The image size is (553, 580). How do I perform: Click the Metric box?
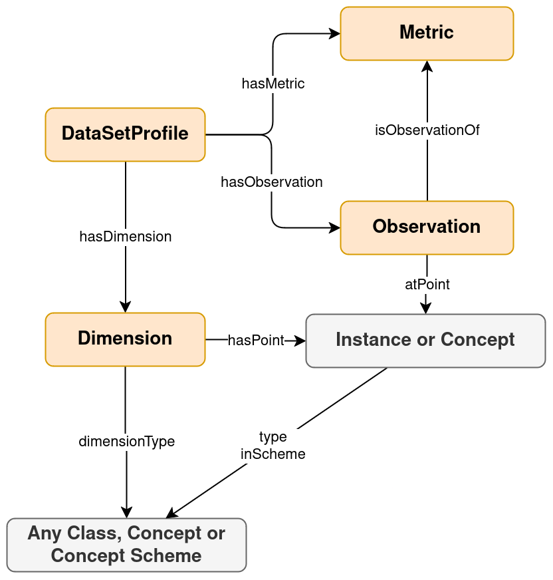coord(427,34)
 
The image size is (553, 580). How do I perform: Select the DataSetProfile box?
coord(125,134)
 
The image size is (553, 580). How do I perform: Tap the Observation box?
coord(427,227)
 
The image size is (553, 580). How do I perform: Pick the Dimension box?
coord(125,339)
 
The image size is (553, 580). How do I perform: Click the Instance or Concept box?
coord(425,341)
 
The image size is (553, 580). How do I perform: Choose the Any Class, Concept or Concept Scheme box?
coord(126,545)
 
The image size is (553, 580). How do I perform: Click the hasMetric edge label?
coord(273,84)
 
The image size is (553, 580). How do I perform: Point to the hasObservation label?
coord(272,182)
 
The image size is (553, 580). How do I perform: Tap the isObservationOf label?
coord(427,130)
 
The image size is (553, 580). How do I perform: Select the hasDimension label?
coord(126,236)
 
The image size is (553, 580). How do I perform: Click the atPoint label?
coord(427,284)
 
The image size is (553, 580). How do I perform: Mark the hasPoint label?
coord(256,341)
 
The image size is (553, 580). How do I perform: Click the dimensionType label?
coord(126,441)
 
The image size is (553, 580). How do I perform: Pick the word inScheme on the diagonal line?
coord(273,454)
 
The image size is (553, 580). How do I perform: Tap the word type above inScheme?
coord(273,437)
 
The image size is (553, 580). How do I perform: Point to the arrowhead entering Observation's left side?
coord(334,228)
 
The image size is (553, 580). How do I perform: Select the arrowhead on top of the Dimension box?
coord(126,306)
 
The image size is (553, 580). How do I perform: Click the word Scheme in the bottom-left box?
coord(170,556)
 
